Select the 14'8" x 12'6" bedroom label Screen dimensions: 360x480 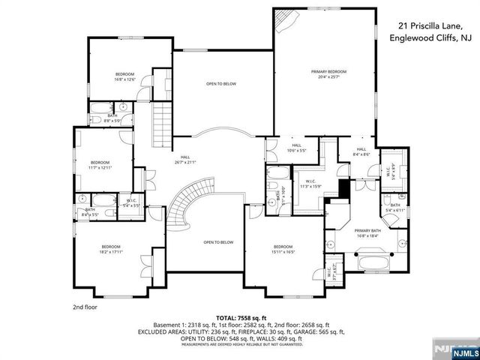click(124, 76)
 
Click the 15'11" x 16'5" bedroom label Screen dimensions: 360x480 click(283, 250)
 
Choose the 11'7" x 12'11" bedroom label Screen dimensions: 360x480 click(100, 165)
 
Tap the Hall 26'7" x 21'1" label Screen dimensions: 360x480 click(184, 160)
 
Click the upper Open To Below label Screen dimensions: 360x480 click(221, 84)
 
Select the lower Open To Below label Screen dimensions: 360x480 click(218, 242)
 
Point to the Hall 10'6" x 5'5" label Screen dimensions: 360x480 click(296, 148)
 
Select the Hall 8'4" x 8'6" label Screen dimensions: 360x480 click(361, 151)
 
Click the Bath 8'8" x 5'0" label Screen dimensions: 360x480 click(111, 118)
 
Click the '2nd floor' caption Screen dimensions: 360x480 click(85, 307)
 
